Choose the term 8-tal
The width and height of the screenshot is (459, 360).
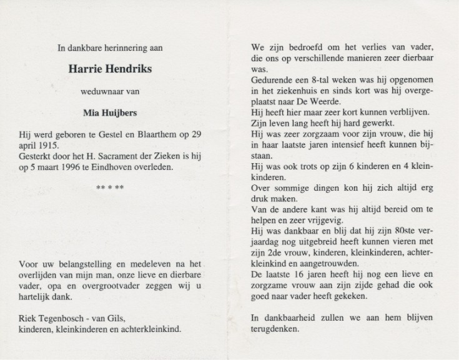click(317, 81)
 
